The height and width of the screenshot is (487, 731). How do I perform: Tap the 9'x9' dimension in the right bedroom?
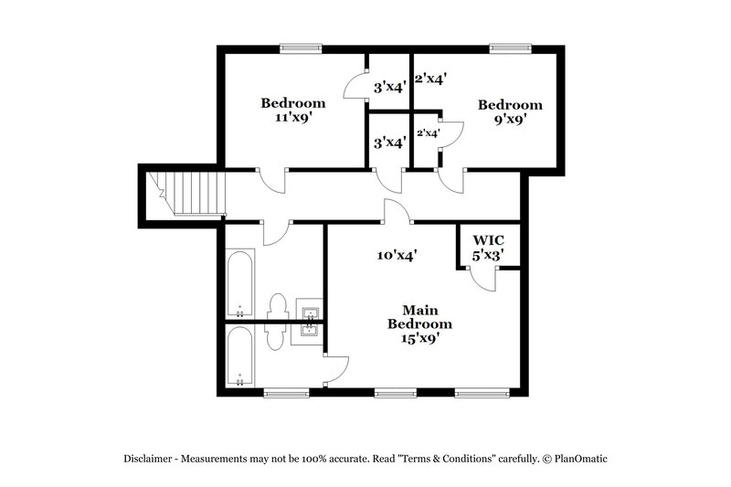510,119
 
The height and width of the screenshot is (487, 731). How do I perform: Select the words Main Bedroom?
419,317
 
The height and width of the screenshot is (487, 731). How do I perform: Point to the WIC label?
487,242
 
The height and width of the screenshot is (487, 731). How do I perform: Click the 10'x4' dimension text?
397,257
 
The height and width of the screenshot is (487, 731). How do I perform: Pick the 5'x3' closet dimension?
487,257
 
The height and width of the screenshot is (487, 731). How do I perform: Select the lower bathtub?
241,357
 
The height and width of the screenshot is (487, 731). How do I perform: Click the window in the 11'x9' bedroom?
301,49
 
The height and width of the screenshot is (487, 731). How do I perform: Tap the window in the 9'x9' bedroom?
508,49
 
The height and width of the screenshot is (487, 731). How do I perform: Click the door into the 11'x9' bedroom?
273,180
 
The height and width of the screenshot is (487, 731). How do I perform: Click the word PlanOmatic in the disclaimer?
577,460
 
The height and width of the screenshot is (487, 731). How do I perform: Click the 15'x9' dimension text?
419,339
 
